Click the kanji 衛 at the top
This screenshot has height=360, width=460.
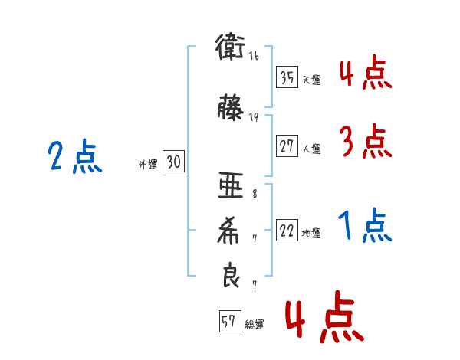(x=230, y=47)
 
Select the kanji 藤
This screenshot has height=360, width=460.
(x=231, y=107)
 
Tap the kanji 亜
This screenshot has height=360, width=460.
(x=231, y=185)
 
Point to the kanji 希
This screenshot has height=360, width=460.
(x=228, y=231)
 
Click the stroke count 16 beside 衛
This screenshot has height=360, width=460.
(x=254, y=55)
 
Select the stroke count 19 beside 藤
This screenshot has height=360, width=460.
(x=254, y=117)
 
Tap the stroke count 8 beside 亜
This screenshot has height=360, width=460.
(x=255, y=194)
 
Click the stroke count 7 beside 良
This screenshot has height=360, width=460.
(x=255, y=285)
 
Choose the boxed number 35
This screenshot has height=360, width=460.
(x=287, y=77)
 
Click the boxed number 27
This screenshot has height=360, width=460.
(x=287, y=146)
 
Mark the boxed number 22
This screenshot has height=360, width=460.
(x=287, y=230)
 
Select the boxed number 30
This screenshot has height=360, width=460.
(x=173, y=162)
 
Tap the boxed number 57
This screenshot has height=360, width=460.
(x=230, y=321)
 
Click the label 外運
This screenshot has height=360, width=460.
(x=148, y=165)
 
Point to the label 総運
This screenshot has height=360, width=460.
(x=255, y=324)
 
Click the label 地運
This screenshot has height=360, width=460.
(x=311, y=234)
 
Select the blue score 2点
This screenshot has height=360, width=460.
(x=75, y=156)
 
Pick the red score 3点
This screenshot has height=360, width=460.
(x=366, y=141)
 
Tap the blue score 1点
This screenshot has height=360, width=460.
(x=365, y=225)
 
